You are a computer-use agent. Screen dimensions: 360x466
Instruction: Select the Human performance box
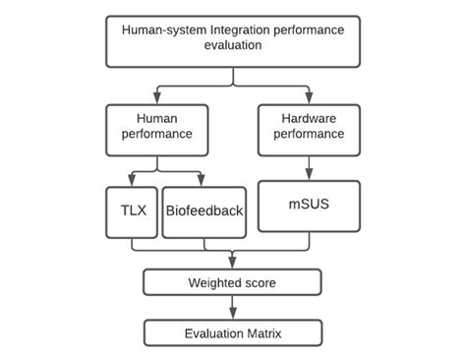pos(156,129)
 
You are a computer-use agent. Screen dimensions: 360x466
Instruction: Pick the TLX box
pos(131,210)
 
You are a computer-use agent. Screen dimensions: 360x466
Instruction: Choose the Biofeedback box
pos(204,210)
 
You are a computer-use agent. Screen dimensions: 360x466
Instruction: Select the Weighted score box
pos(233,283)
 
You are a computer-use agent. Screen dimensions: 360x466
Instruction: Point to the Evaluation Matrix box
pos(233,333)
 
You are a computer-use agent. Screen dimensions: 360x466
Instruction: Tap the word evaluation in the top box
pos(233,45)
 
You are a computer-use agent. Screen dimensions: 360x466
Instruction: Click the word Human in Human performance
pos(157,118)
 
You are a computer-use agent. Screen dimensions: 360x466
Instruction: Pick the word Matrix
pos(261,333)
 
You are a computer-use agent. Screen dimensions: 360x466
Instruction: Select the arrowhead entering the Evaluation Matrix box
pos(233,316)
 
